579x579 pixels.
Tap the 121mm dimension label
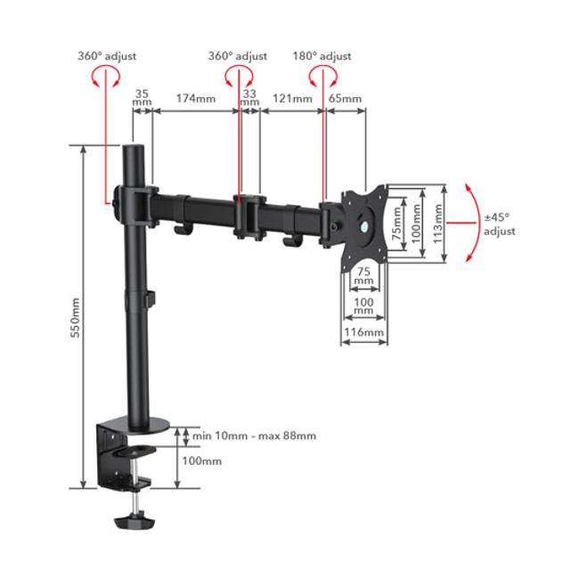[x=292, y=98]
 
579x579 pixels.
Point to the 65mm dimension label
[x=346, y=98]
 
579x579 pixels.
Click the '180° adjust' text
[x=322, y=56]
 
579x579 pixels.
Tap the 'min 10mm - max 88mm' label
[x=253, y=436]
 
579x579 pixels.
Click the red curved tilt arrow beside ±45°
[x=469, y=223]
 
